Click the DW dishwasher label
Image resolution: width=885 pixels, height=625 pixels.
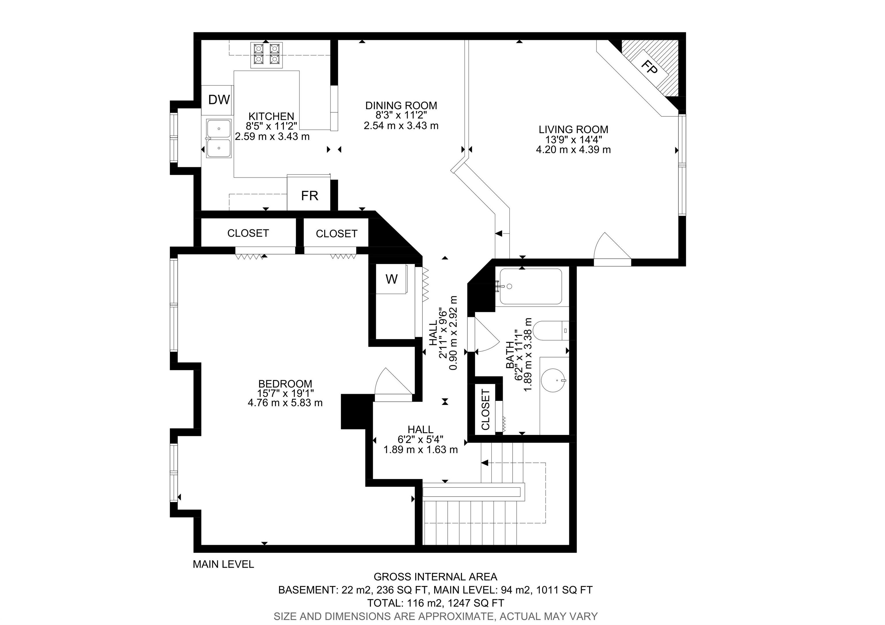click(219, 100)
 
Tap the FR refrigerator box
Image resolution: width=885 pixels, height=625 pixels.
click(309, 193)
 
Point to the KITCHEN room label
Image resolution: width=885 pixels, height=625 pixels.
click(271, 116)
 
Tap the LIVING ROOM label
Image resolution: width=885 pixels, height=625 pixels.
click(573, 130)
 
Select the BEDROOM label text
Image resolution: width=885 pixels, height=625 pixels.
click(285, 384)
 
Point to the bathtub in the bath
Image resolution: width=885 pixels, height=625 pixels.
click(531, 287)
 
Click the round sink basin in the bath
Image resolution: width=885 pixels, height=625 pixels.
click(553, 380)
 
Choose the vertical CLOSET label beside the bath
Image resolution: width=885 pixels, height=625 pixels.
click(485, 409)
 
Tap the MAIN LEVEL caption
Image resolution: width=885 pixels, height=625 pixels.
click(223, 564)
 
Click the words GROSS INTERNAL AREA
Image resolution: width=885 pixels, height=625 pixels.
click(436, 577)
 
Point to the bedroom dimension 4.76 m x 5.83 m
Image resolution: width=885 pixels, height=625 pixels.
click(285, 403)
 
